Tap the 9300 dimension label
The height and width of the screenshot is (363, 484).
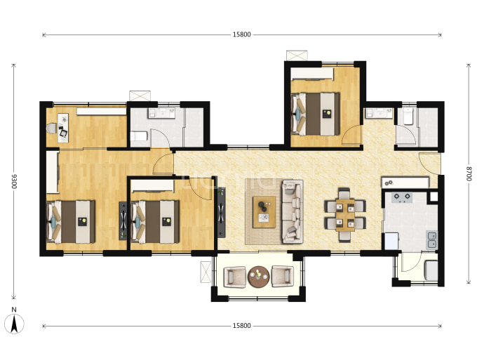14,181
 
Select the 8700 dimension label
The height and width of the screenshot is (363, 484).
469,173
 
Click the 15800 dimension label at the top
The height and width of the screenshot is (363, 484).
242,34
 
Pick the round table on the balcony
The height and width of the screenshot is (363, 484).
258,277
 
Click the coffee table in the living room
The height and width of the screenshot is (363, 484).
264,212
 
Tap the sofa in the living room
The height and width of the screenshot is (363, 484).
292,211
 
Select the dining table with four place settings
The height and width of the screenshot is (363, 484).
345,215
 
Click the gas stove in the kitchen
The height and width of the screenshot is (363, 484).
402,197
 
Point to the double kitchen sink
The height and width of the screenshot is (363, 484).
431,239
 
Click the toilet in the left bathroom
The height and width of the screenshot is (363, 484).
139,136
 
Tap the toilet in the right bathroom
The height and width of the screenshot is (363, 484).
408,116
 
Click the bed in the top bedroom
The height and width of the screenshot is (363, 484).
315,114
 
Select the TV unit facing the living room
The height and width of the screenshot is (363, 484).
222,212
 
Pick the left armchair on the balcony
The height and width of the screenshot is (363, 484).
235,277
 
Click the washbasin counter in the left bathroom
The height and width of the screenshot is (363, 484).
162,113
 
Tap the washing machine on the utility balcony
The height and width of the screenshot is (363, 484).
431,270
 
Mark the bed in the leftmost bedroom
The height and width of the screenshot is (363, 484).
71,221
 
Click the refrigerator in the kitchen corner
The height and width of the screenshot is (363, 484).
391,241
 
